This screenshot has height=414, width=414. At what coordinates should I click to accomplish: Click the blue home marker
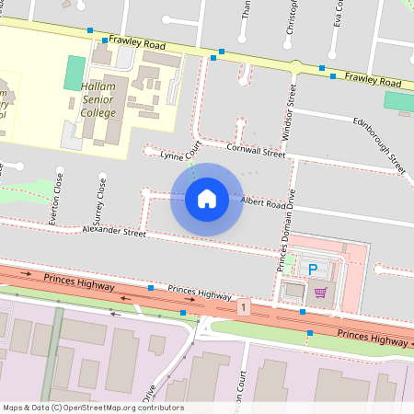(x=207, y=199)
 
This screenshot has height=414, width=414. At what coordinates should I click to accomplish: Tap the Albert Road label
(x=265, y=202)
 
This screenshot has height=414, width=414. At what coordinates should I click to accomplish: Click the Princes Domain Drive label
(x=284, y=230)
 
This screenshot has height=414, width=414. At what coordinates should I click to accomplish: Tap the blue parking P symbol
(x=312, y=270)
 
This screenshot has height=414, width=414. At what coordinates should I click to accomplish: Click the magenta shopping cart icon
(x=320, y=293)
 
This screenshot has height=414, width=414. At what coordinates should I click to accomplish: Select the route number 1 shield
(x=243, y=305)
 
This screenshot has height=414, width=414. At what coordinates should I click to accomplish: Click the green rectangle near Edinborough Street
(x=398, y=102)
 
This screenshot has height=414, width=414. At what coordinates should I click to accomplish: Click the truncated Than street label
(x=246, y=9)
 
